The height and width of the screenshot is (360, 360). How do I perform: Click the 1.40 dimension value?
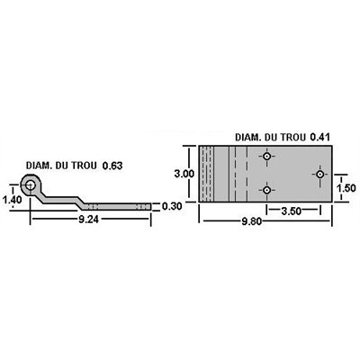click(x=12, y=201)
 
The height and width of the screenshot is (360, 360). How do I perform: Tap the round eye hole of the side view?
click(x=32, y=187)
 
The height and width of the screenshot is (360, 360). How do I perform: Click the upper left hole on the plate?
click(x=266, y=157)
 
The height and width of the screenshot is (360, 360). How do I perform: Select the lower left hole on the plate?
click(x=266, y=189)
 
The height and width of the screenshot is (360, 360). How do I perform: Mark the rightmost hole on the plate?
click(x=319, y=174)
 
